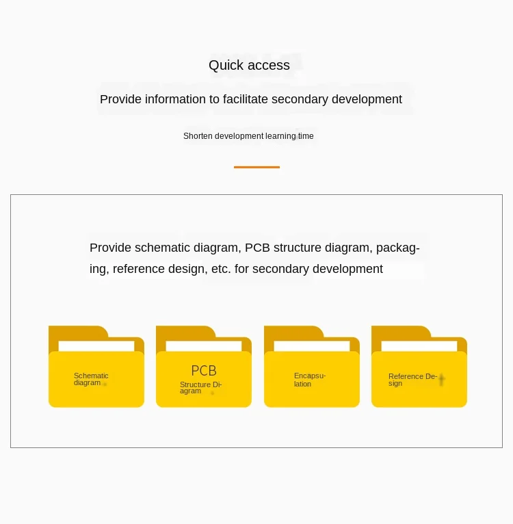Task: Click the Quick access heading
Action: pyautogui.click(x=249, y=66)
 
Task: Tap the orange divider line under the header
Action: pyautogui.click(x=256, y=167)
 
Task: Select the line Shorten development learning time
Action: pyautogui.click(x=248, y=136)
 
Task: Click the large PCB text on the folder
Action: pyautogui.click(x=204, y=371)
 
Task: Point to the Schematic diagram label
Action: pyautogui.click(x=91, y=380)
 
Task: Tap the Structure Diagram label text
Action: pyautogui.click(x=200, y=388)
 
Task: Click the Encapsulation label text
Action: pyautogui.click(x=309, y=380)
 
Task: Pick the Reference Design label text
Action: pyautogui.click(x=412, y=380)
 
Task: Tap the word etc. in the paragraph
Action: pyautogui.click(x=221, y=269)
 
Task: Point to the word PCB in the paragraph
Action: pyautogui.click(x=257, y=248)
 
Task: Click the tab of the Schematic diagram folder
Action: pyautogui.click(x=77, y=332)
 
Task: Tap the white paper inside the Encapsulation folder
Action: pyautogui.click(x=312, y=346)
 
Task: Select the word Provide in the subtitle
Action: pyautogui.click(x=120, y=99)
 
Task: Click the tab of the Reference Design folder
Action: pyautogui.click(x=401, y=332)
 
